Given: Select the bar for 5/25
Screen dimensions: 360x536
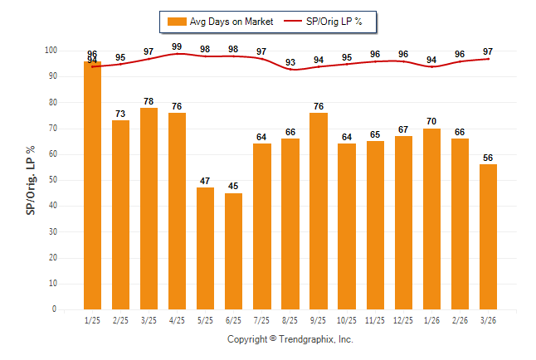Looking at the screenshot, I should pyautogui.click(x=205, y=248).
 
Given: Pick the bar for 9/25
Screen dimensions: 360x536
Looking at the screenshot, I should pyautogui.click(x=318, y=211).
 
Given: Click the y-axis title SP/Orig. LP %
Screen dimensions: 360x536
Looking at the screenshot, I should pyautogui.click(x=31, y=180).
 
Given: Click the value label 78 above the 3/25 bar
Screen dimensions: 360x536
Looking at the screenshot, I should pyautogui.click(x=149, y=102).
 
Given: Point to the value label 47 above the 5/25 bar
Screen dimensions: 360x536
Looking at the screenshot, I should pyautogui.click(x=205, y=182).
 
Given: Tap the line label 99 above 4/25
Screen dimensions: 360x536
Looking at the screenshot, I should pyautogui.click(x=177, y=46).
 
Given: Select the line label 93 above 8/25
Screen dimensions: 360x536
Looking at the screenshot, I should pyautogui.click(x=290, y=62).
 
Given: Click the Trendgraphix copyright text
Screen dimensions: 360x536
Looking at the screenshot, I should pyautogui.click(x=290, y=339).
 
